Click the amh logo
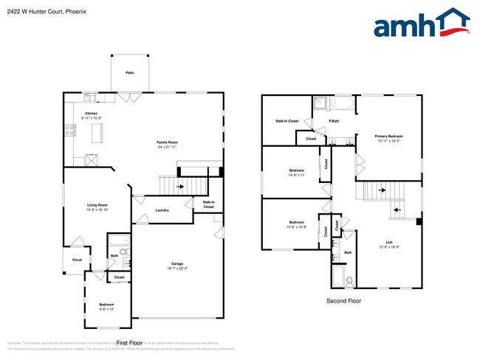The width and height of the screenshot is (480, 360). click(422, 24)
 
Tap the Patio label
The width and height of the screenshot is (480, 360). click(130, 73)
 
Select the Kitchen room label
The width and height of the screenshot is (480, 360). click(91, 113)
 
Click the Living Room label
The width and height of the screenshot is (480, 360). click(97, 205)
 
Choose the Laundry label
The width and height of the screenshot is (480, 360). click(162, 210)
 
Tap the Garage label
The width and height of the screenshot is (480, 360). click(177, 264)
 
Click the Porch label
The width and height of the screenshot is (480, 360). click(77, 260)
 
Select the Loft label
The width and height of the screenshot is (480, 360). click(388, 242)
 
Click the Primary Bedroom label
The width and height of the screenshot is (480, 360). click(389, 136)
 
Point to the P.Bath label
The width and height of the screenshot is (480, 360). click(334, 120)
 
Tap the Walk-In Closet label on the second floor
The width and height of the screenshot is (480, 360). click(287, 120)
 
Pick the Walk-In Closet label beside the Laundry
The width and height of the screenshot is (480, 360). click(208, 204)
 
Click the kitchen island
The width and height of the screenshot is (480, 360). click(96, 133)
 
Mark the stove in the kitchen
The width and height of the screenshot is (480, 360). click(70, 131)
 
